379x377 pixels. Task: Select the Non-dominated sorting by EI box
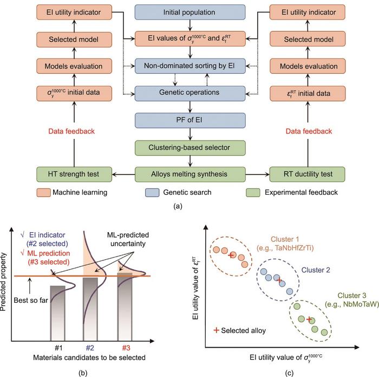190,65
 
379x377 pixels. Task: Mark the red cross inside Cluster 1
231,255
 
